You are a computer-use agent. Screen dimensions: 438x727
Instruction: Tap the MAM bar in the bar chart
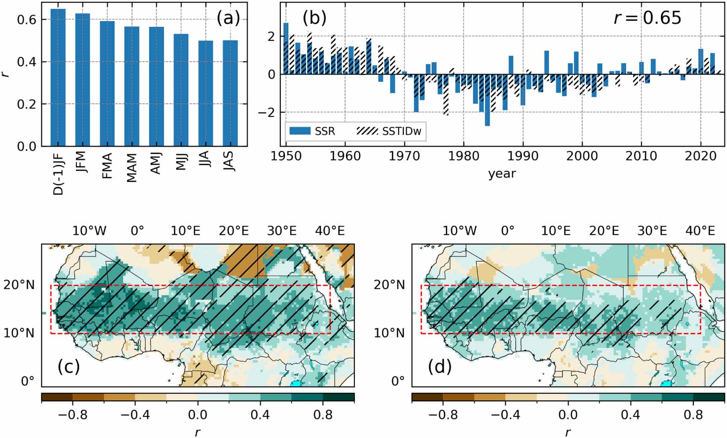coord(132,86)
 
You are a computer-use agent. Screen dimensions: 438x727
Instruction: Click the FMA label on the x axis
coord(107,165)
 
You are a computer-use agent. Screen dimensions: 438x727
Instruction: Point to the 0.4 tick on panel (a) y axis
coord(26,62)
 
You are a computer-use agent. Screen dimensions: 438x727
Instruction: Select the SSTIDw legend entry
coord(389,131)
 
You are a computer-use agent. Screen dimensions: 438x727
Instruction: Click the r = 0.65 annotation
coord(647,18)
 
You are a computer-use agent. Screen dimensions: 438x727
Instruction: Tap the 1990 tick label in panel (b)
coord(523,156)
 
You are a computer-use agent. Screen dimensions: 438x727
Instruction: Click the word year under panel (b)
coord(502,173)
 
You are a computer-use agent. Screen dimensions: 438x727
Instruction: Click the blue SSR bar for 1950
coord(286,49)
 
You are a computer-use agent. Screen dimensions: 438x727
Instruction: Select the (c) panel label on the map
coord(69,367)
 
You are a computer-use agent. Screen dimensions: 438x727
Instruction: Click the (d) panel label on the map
coord(440,367)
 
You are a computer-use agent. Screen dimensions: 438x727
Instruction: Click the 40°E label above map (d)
coord(700,231)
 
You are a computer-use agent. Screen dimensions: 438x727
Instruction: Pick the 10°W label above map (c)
coord(89,231)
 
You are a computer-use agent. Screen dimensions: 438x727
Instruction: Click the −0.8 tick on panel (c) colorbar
coord(72,415)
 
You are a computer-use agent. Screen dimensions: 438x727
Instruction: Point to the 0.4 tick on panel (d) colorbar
coord(630,415)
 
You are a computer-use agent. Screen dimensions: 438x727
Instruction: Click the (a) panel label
coord(228,18)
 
